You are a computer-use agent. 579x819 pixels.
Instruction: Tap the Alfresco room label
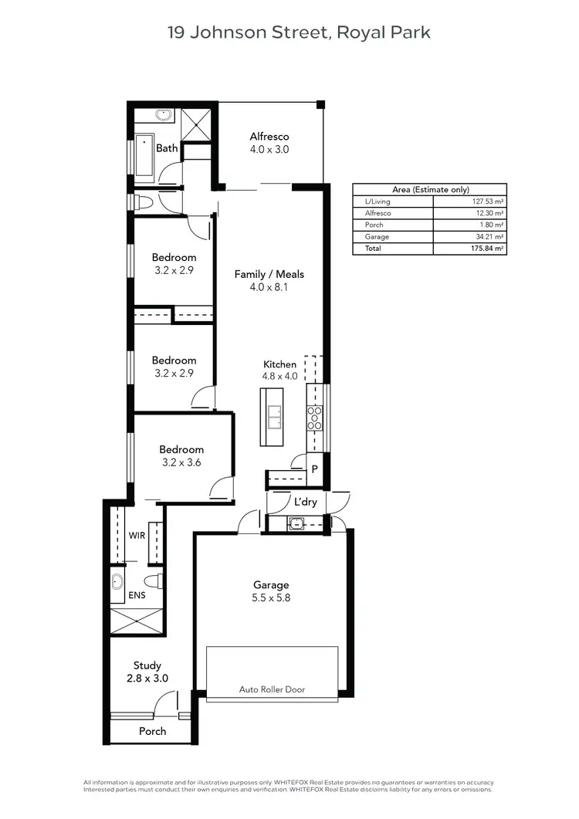pyautogui.click(x=269, y=137)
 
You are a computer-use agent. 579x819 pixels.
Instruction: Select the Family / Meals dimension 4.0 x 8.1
pyautogui.click(x=269, y=287)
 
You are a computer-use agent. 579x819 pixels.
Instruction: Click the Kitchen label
pyautogui.click(x=279, y=364)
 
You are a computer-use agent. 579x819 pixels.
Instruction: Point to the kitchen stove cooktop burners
pyautogui.click(x=315, y=418)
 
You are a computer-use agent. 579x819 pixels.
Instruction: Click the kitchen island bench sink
pyautogui.click(x=273, y=418)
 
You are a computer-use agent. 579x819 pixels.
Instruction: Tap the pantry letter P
pyautogui.click(x=315, y=469)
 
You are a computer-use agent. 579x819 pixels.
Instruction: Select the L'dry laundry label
pyautogui.click(x=306, y=502)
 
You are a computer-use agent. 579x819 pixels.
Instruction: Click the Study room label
pyautogui.click(x=147, y=665)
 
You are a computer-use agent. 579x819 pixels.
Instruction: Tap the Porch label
pyautogui.click(x=152, y=731)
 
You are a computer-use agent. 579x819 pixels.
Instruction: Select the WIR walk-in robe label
pyautogui.click(x=137, y=534)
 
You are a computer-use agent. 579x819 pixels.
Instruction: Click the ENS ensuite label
pyautogui.click(x=137, y=596)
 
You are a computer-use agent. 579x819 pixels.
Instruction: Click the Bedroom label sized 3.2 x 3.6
pyautogui.click(x=181, y=449)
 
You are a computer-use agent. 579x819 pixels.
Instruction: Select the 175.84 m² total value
pyautogui.click(x=491, y=249)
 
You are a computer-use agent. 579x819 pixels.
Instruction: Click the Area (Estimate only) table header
pyautogui.click(x=430, y=189)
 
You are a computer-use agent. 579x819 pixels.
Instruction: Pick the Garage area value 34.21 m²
pyautogui.click(x=491, y=237)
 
